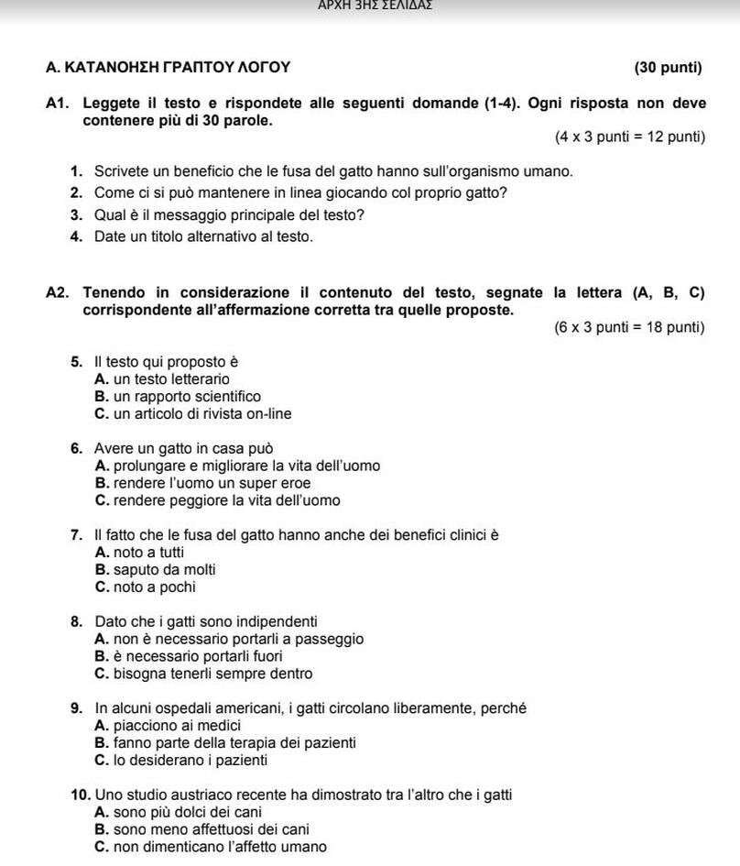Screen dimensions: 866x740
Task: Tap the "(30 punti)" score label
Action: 668,67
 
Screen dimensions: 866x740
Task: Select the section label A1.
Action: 59,104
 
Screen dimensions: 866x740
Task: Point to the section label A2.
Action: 59,293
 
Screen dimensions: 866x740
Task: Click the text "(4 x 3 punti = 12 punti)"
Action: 629,137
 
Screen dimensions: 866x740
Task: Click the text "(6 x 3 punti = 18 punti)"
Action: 629,327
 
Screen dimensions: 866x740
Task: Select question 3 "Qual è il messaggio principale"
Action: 229,215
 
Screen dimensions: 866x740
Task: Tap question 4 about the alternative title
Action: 203,236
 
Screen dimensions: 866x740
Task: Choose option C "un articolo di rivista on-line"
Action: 193,414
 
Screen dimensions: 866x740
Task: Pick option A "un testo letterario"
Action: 162,378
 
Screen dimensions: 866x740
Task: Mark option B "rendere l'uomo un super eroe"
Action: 202,483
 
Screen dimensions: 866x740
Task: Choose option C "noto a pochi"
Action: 145,586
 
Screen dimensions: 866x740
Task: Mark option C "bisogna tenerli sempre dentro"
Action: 203,674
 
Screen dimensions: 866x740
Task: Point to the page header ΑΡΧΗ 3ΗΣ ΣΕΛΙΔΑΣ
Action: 375,5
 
